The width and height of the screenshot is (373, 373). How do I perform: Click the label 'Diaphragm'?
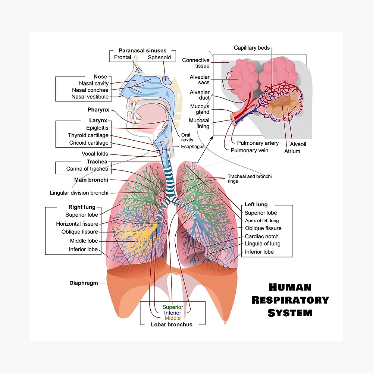pyautogui.click(x=84, y=283)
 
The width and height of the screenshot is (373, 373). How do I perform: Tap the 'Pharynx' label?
pyautogui.click(x=98, y=110)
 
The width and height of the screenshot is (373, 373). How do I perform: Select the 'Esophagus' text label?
pyautogui.click(x=193, y=147)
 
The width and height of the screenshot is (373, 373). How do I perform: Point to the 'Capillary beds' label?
pyautogui.click(x=252, y=48)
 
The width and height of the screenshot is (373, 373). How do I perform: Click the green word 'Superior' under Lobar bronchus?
pyautogui.click(x=173, y=307)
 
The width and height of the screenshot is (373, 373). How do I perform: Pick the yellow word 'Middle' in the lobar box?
pyautogui.click(x=172, y=318)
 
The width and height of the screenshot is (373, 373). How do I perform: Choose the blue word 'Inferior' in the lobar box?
pyautogui.click(x=172, y=313)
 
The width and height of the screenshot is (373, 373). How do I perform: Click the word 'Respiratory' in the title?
pyautogui.click(x=290, y=300)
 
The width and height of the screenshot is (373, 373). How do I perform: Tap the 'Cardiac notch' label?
pyautogui.click(x=262, y=236)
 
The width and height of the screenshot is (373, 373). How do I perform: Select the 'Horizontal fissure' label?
pyautogui.click(x=77, y=224)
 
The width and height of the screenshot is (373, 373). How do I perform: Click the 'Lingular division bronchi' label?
pyautogui.click(x=79, y=193)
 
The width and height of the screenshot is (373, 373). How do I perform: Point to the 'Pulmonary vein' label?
pyautogui.click(x=250, y=150)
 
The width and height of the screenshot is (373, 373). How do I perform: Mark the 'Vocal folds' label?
pyautogui.click(x=95, y=154)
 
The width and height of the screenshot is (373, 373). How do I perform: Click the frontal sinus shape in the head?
pyautogui.click(x=138, y=69)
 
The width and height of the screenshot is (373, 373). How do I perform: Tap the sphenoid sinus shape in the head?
pyautogui.click(x=166, y=80)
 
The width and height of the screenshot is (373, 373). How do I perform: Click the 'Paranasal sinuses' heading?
pyautogui.click(x=142, y=50)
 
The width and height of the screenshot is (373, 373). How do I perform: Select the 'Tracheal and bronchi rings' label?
pyautogui.click(x=250, y=179)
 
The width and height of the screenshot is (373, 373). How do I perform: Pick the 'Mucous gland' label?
pyautogui.click(x=200, y=109)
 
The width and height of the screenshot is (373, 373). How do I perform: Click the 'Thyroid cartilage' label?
pyautogui.click(x=88, y=135)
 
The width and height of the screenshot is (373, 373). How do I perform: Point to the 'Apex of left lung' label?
pyautogui.click(x=262, y=220)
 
